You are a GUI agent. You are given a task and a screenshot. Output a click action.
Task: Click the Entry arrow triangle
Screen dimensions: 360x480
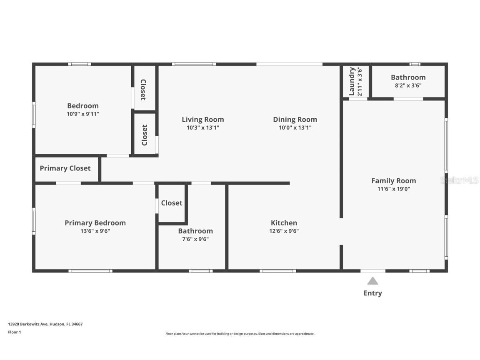(372, 281)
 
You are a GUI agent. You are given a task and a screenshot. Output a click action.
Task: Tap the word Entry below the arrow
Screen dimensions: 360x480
(372, 293)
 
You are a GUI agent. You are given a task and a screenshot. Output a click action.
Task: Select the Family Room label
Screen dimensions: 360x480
(393, 180)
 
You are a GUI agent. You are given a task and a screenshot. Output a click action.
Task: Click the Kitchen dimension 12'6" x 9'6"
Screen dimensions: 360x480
(284, 231)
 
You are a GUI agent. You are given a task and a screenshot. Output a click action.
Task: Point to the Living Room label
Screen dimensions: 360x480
(202, 120)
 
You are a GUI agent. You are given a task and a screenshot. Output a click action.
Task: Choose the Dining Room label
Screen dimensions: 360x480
(295, 120)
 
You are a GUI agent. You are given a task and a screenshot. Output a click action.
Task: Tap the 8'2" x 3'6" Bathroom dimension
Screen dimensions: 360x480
(408, 85)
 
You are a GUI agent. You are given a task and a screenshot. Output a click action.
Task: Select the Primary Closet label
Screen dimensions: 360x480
(65, 168)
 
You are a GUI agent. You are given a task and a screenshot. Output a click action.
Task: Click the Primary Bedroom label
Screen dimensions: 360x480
(95, 223)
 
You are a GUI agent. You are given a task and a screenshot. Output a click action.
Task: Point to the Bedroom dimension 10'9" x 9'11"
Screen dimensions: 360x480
(83, 114)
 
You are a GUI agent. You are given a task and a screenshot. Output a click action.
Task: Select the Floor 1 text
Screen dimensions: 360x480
(14, 332)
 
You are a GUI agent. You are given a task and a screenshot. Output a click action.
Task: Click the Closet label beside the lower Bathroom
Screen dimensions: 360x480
(172, 203)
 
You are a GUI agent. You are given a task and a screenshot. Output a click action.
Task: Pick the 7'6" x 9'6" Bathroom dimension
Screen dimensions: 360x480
(195, 239)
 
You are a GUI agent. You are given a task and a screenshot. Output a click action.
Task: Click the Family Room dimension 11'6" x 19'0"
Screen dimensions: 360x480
(393, 189)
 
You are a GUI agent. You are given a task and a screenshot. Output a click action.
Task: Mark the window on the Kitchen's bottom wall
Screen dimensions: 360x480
(277, 271)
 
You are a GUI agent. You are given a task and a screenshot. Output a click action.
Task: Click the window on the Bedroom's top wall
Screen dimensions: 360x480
(79, 64)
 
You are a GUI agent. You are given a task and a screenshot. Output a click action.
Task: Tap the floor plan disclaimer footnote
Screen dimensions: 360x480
(240, 334)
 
